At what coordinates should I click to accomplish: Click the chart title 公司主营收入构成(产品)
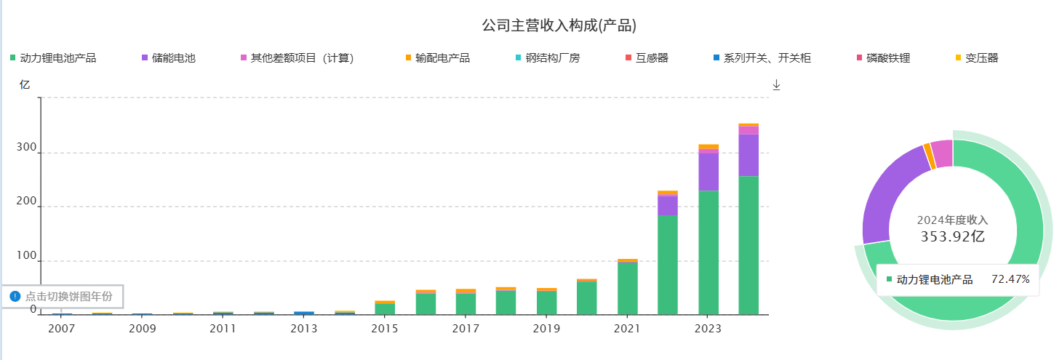tap(559, 26)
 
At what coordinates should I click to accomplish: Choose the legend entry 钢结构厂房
tap(552, 58)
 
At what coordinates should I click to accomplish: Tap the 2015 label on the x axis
tap(384, 329)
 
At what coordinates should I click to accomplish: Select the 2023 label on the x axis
tap(707, 329)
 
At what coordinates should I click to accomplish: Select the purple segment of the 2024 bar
tap(748, 155)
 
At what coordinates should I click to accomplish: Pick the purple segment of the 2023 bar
tap(708, 172)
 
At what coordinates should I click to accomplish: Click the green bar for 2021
tap(627, 288)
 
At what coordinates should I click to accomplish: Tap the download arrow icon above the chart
tap(776, 85)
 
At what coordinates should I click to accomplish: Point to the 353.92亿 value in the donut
tap(952, 236)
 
